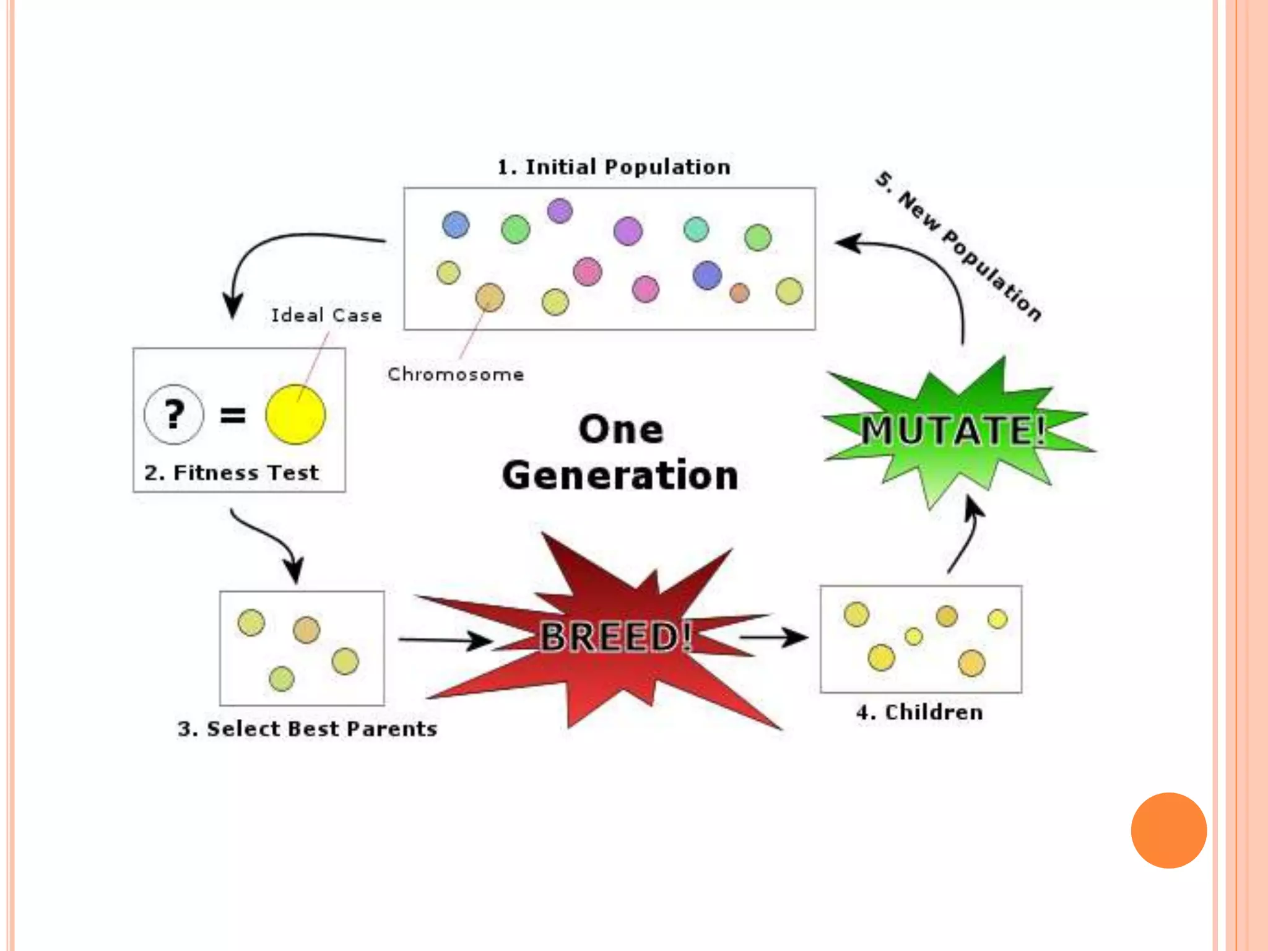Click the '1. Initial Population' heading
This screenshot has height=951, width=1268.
(x=614, y=167)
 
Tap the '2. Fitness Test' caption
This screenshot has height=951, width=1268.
(x=231, y=473)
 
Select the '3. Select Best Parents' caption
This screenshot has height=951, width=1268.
(x=307, y=729)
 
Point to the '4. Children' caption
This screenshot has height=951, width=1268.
(x=919, y=713)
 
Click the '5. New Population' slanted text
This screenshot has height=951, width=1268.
(x=958, y=246)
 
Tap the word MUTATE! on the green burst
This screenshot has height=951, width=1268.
(x=953, y=430)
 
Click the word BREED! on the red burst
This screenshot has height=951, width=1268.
(x=615, y=636)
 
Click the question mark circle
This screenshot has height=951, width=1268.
(x=174, y=415)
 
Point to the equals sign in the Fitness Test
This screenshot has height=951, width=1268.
(x=233, y=415)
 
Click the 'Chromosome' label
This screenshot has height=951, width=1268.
(x=456, y=375)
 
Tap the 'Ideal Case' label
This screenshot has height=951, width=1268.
(x=326, y=315)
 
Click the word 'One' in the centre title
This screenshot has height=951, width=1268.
(x=621, y=430)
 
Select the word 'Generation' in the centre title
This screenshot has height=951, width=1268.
(x=620, y=475)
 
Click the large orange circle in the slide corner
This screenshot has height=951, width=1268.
(x=1168, y=830)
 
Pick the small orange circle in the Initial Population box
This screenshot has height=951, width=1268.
(x=739, y=293)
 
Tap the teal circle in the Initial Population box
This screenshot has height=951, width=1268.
(x=696, y=229)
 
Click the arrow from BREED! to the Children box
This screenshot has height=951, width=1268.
(x=774, y=636)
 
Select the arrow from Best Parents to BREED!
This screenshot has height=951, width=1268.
(x=445, y=640)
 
